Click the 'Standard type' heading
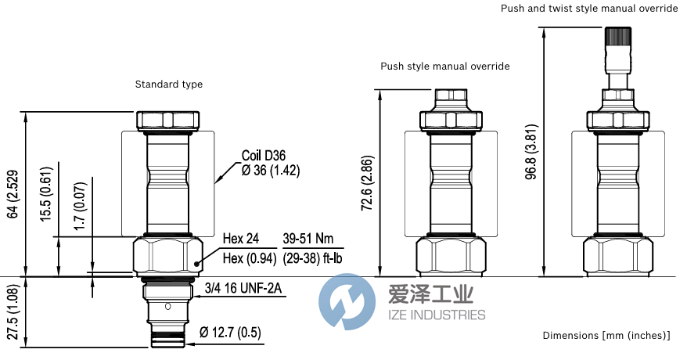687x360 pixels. [169, 85]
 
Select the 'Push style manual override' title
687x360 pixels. [445, 67]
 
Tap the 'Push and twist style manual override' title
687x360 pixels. [588, 9]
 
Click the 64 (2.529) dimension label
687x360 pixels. [13, 193]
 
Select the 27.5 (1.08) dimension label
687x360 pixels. [13, 311]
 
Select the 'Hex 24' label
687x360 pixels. [240, 239]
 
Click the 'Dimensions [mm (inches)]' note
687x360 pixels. [606, 336]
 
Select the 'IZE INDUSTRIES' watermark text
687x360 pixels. [437, 315]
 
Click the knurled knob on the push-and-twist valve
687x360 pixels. [618, 36]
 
